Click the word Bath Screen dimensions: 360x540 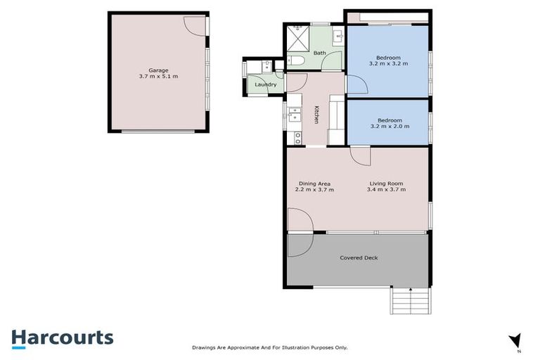pos(319,53)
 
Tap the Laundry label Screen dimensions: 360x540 pos(265,84)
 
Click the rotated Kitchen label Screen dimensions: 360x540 pos(316,115)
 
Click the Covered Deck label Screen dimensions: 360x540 pos(359,257)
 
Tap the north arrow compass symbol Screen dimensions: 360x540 pos(516,340)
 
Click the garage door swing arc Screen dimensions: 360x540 pos(195,24)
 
